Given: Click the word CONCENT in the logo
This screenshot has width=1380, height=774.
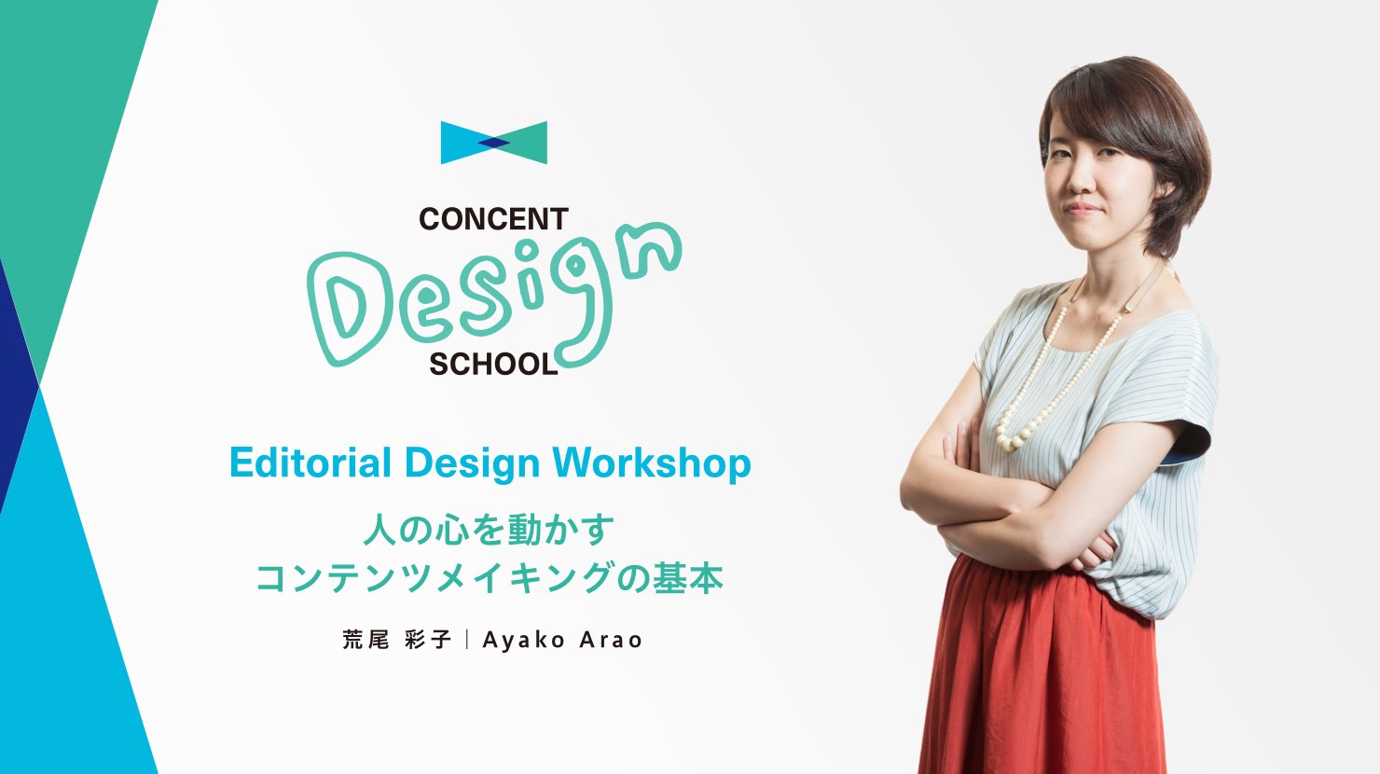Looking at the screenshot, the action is (493, 219).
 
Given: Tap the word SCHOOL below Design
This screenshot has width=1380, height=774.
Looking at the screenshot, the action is (493, 365).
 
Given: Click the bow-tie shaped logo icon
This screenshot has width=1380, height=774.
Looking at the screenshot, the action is (493, 143).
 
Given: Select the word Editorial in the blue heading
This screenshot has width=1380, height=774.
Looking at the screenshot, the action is (310, 463).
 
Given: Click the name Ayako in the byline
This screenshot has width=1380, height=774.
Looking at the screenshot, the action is (524, 641).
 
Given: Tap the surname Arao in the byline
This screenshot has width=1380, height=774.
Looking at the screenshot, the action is (611, 641).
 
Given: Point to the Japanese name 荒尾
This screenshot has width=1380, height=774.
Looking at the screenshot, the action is (366, 640).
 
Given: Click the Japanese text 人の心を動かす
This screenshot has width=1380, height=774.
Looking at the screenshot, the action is (490, 530).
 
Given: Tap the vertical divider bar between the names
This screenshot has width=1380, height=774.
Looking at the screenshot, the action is (467, 640).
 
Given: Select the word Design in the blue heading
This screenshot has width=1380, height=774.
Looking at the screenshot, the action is (472, 463).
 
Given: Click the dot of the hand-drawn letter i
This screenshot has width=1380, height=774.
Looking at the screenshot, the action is (528, 252).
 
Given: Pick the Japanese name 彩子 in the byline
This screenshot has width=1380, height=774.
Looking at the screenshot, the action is (429, 640).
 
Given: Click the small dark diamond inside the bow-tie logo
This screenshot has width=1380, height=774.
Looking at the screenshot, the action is (493, 143).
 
